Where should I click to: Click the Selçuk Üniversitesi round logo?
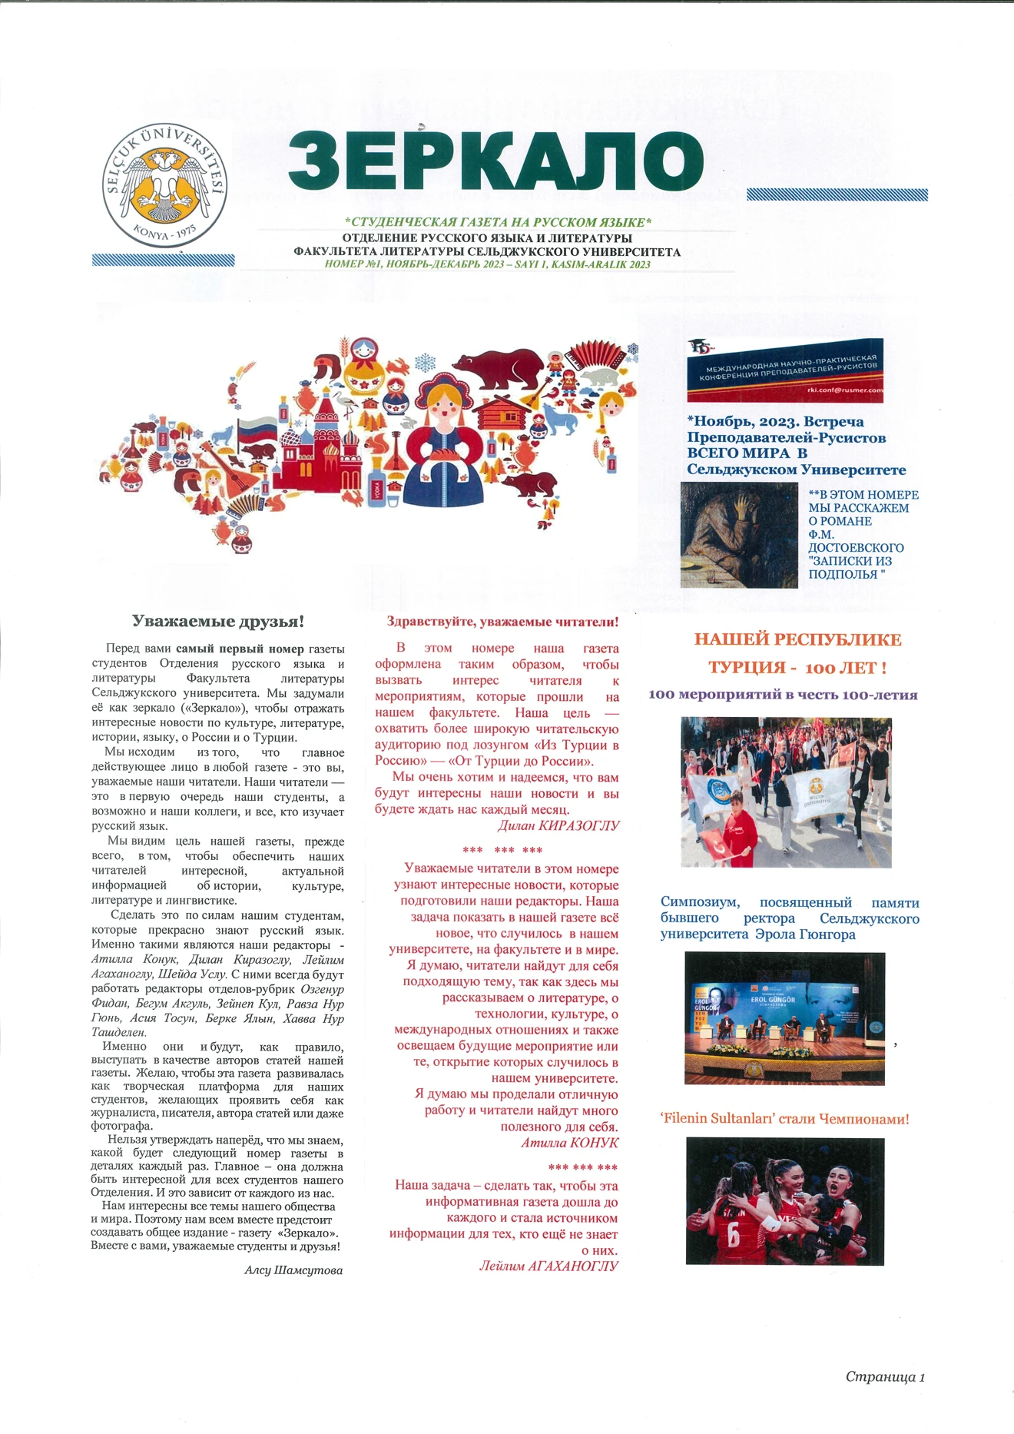164,185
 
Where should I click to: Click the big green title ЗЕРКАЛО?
495,161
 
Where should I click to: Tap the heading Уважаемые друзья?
218,621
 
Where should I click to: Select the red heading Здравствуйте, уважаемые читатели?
502,621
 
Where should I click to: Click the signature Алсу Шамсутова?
293,1270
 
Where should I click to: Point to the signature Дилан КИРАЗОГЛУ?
558,826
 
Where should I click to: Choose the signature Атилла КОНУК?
569,1143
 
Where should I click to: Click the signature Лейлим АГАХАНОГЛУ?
548,1266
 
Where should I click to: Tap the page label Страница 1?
885,1376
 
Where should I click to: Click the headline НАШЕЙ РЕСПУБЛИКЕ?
797,639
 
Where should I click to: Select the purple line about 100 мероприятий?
783,695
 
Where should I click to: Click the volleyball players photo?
785,1201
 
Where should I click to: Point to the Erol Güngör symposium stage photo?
784,1018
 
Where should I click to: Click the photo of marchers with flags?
786,792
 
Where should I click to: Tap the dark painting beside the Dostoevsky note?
739,535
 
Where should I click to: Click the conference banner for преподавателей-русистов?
784,370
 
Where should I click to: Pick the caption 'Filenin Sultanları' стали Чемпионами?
784,1119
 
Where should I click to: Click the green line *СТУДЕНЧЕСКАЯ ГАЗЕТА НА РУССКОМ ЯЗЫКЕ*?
498,222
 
